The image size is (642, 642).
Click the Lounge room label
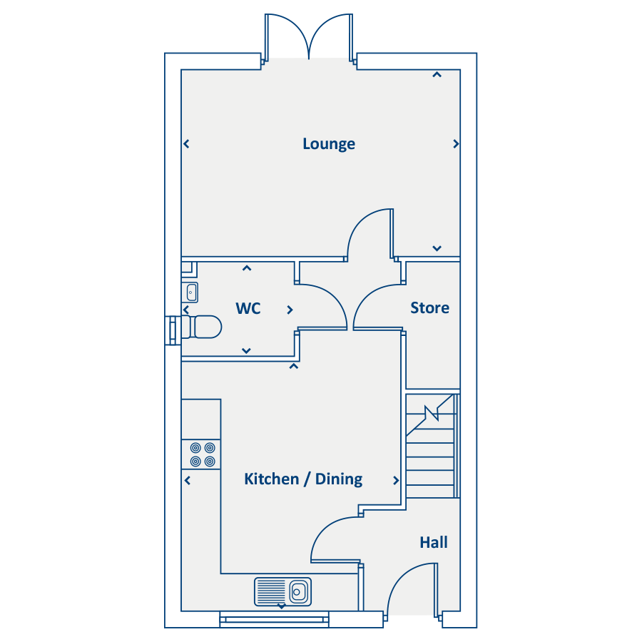coord(329,144)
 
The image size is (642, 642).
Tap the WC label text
coord(248,308)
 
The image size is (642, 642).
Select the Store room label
coord(429,308)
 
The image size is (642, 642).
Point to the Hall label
coord(434,543)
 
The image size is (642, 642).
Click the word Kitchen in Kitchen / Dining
coord(272,479)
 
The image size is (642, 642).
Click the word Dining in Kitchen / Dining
coord(339,479)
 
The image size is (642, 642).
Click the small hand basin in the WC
coord(190,292)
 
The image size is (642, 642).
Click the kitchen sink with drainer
coord(282,591)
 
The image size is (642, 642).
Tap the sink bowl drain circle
coord(297,592)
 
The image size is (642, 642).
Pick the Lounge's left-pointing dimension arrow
coord(186,144)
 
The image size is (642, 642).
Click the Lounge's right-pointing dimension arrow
coord(456,144)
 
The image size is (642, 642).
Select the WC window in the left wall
coord(173,330)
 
